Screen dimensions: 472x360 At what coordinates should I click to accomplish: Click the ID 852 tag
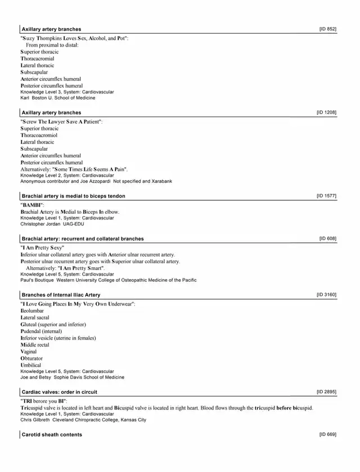[x=328, y=29]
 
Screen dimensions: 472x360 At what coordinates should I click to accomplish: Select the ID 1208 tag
[x=327, y=113]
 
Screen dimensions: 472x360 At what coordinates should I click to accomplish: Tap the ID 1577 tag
[x=327, y=196]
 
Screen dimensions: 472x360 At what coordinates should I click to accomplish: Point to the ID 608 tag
[x=328, y=239]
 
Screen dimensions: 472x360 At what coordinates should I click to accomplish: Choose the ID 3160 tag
[x=327, y=294]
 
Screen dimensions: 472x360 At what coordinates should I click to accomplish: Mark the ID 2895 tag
[x=327, y=392]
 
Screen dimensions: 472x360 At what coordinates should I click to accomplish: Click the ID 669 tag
[x=328, y=434]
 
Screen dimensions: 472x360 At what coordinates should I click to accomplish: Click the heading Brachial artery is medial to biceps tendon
[x=73, y=196]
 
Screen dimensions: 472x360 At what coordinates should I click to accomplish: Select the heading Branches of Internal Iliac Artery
[x=61, y=295]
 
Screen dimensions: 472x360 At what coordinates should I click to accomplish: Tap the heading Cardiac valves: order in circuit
[x=59, y=392]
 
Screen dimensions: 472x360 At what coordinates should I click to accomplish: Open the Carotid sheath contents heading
[x=52, y=434]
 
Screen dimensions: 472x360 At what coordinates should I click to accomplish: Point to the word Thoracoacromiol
[x=39, y=135]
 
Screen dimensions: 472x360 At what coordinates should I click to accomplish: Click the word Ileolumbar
[x=31, y=311]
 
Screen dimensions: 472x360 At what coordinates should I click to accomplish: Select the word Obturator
[x=31, y=358]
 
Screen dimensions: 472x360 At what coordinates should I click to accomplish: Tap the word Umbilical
[x=31, y=365]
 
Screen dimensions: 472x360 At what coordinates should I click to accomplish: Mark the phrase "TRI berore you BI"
[x=44, y=401]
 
